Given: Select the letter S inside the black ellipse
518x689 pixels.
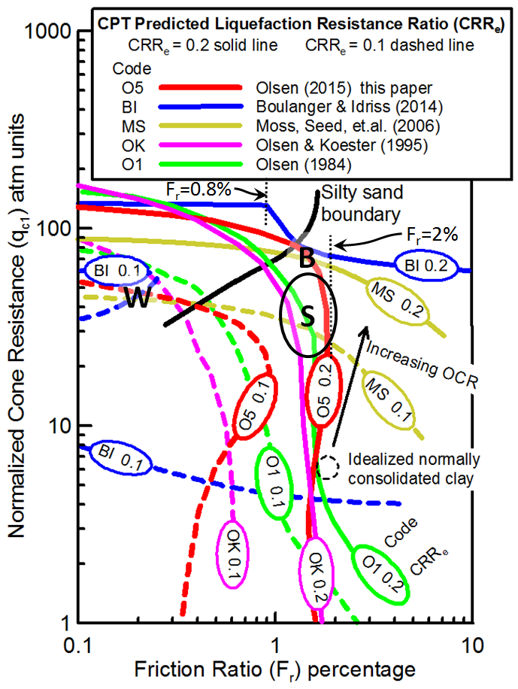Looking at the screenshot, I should (307, 316).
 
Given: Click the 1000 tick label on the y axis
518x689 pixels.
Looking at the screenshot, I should (48, 32).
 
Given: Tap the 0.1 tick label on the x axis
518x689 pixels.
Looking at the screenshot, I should (78, 646).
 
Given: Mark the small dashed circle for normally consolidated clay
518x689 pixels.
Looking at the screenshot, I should (328, 466).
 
